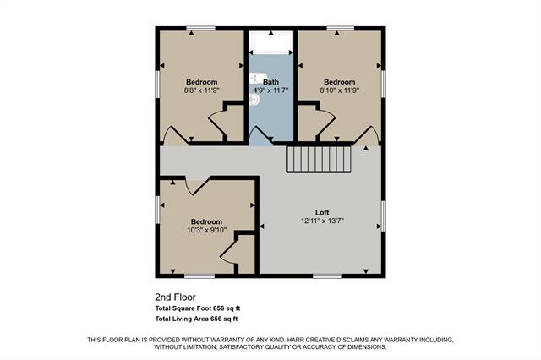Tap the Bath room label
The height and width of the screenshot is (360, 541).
coord(270,82)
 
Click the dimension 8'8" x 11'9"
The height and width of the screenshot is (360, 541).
coord(202,90)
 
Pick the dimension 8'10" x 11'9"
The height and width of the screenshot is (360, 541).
coord(340,90)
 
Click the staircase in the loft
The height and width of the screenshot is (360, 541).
coord(319,158)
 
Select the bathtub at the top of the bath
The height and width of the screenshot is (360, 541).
coord(270,44)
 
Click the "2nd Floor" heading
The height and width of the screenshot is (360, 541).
coord(174,297)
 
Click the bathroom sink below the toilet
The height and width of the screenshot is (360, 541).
coord(254,99)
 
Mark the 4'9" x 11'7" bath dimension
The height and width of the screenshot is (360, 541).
coord(271,90)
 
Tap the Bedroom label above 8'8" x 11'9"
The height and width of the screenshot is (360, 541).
coord(202,82)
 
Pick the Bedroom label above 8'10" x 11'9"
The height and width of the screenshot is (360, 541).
coord(340,82)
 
